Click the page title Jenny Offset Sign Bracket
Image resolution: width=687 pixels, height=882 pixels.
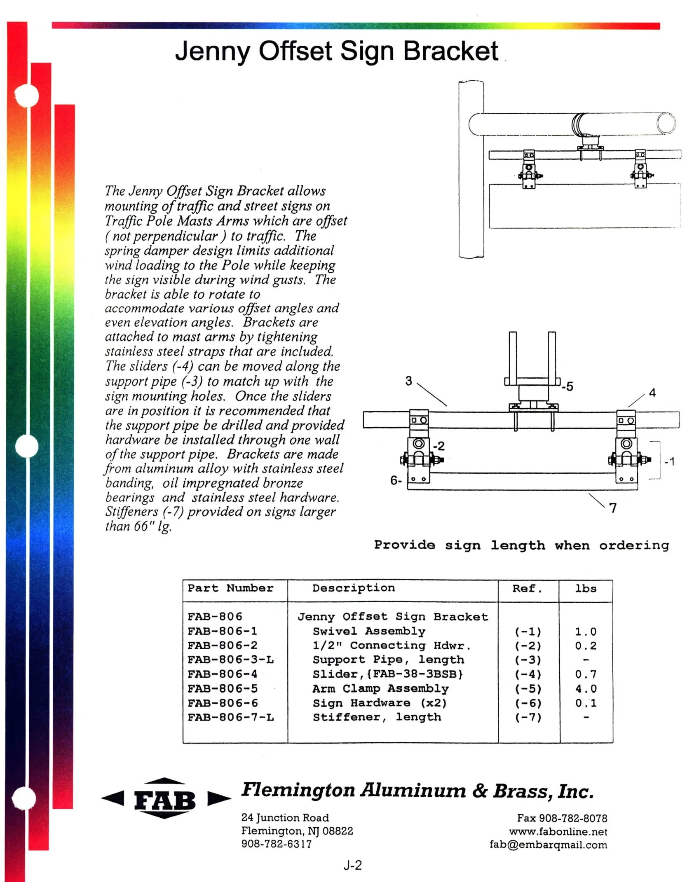click(336, 51)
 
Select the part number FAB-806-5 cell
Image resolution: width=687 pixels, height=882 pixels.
click(223, 689)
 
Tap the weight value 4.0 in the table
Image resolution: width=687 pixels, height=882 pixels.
click(586, 689)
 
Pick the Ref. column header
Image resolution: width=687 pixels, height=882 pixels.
click(527, 589)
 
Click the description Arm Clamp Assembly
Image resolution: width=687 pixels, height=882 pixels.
click(380, 689)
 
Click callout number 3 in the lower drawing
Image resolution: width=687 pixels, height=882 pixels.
click(408, 381)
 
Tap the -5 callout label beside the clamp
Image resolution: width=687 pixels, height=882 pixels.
click(567, 387)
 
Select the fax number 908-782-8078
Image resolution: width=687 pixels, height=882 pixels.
click(562, 818)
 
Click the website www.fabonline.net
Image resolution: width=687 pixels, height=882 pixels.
click(558, 832)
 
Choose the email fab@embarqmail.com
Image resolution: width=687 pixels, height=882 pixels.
click(548, 845)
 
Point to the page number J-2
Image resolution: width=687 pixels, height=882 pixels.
click(353, 865)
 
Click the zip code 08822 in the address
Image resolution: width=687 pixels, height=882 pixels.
click(338, 831)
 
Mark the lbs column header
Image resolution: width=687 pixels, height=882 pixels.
click(586, 589)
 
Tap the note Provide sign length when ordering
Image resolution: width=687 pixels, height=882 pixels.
click(521, 545)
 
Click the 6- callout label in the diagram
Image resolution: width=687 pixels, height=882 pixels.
click(396, 480)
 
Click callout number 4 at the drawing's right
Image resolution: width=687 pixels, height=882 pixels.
click(652, 393)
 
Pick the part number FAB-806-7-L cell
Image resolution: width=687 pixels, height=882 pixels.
click(231, 718)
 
